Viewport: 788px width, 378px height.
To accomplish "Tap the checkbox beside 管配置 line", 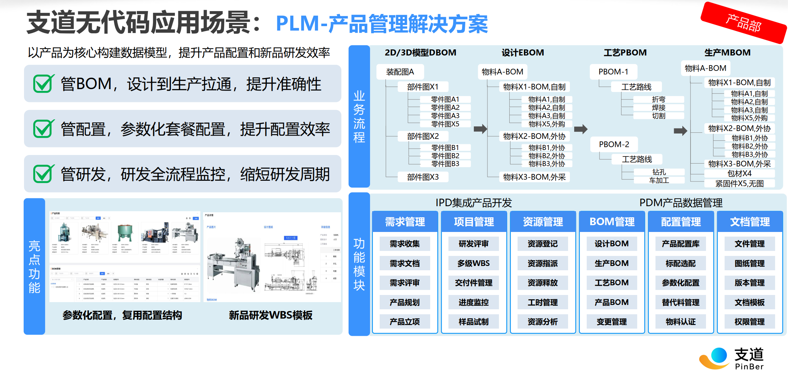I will click(x=43, y=129).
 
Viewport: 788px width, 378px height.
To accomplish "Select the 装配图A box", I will click(x=400, y=72).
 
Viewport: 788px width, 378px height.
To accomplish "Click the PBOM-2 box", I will click(x=614, y=144).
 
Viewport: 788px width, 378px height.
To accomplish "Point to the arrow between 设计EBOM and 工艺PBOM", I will click(x=581, y=129).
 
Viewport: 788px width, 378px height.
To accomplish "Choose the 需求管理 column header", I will click(x=405, y=222).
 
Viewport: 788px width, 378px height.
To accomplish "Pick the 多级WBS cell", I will click(x=474, y=263).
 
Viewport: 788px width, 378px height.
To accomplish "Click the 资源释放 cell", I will click(x=543, y=283).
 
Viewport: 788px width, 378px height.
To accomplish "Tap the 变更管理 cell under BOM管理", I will click(x=612, y=322).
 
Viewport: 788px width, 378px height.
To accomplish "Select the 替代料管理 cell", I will click(x=681, y=302).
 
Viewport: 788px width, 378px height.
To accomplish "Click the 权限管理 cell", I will click(x=750, y=322).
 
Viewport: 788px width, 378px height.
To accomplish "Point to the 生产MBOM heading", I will click(x=727, y=53).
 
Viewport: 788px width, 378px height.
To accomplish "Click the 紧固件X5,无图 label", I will click(x=739, y=184).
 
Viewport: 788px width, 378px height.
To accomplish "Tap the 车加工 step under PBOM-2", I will click(x=659, y=180).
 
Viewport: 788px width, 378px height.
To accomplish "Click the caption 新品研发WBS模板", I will click(x=271, y=315).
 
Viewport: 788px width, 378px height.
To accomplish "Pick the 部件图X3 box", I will click(x=423, y=177).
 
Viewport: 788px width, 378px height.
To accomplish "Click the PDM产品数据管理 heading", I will click(x=681, y=203).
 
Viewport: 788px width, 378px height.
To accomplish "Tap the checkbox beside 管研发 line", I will click(x=43, y=174).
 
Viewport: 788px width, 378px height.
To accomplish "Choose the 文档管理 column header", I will click(x=750, y=222).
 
